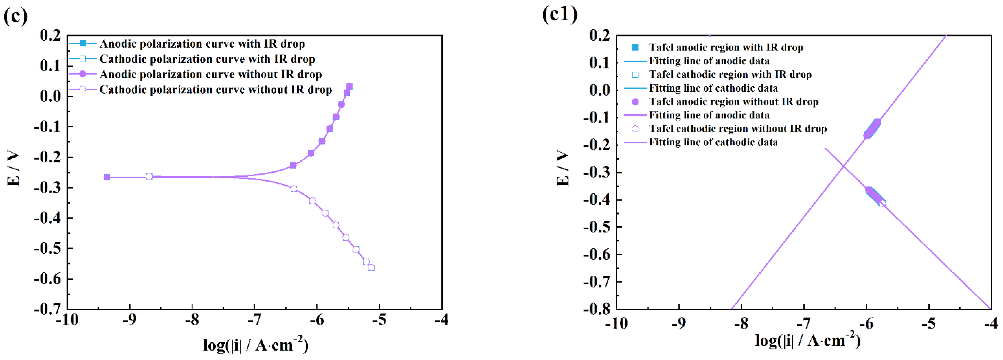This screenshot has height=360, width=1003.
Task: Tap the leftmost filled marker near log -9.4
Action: click(107, 177)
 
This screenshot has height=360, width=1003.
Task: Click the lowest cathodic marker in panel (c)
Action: click(371, 268)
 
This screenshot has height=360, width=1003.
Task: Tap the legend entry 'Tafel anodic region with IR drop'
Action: click(726, 48)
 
